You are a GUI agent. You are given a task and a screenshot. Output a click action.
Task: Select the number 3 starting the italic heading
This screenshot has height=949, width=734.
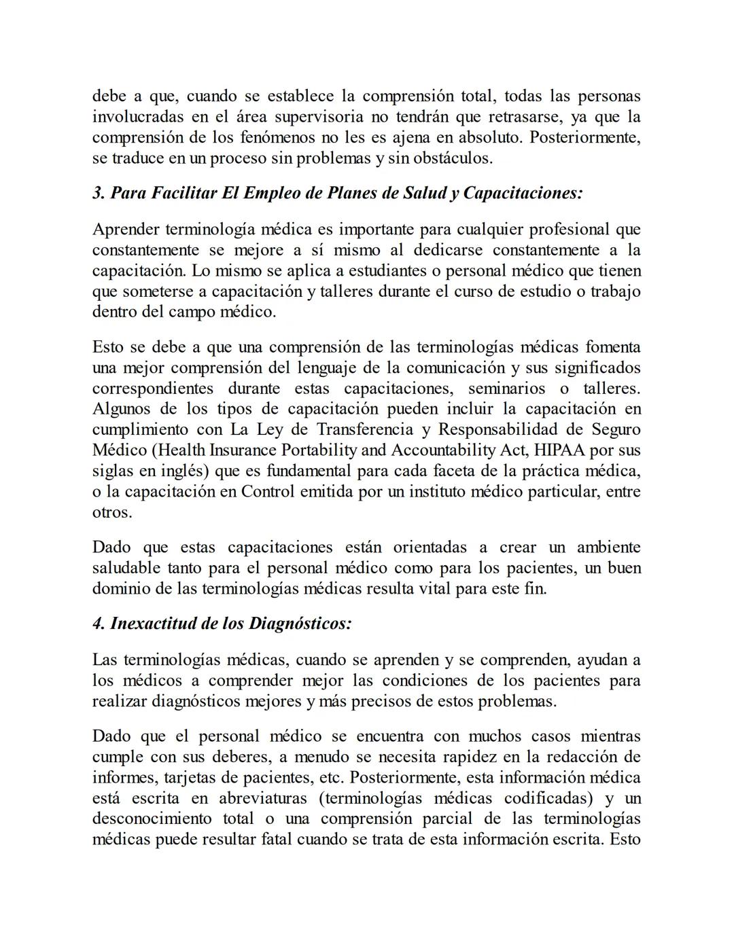(97, 193)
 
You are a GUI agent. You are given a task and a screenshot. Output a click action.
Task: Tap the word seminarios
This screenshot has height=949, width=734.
(506, 389)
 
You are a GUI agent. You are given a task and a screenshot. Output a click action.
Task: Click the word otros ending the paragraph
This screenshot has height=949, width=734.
(111, 512)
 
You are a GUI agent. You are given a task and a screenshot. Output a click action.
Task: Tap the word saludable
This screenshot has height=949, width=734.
(126, 568)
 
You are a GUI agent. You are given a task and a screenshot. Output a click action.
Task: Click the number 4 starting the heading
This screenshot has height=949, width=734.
(97, 623)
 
